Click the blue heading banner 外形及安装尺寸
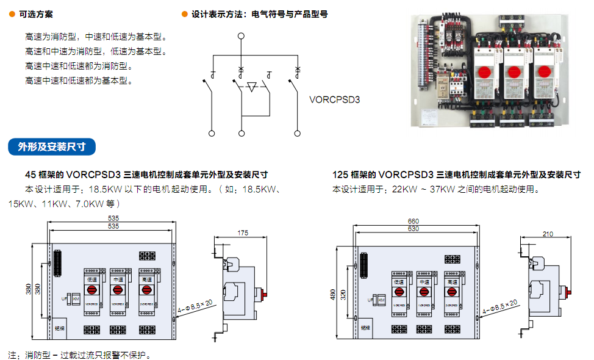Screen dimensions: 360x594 [51, 146]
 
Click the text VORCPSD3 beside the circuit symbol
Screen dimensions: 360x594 [334, 98]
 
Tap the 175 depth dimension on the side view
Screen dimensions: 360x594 [243, 232]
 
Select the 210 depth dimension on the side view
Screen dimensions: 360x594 [547, 234]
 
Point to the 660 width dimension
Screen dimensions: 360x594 [413, 221]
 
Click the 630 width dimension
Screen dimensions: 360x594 [413, 228]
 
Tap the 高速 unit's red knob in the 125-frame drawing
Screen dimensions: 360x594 [452, 292]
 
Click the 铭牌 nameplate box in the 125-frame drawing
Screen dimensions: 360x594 [365, 327]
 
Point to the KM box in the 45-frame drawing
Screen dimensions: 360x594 [76, 299]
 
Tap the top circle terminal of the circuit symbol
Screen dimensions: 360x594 [241, 36]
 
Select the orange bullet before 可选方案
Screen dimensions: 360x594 [12, 14]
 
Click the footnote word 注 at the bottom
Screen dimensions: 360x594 [12, 355]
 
